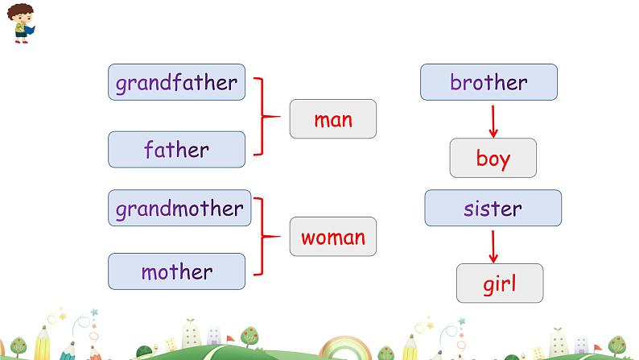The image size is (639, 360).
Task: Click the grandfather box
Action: click(x=176, y=82)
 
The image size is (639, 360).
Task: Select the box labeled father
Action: click(x=176, y=150)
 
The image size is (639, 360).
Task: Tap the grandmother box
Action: click(x=179, y=209)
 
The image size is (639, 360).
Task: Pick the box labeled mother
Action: click(x=176, y=272)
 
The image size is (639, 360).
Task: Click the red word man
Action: click(x=333, y=121)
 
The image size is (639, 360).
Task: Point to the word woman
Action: click(x=333, y=238)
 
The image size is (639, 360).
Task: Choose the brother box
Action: click(x=489, y=82)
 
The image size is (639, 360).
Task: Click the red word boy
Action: click(x=493, y=158)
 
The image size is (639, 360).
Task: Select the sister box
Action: click(x=493, y=209)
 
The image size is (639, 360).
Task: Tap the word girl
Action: click(x=499, y=283)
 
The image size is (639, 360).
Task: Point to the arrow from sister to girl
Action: click(x=493, y=246)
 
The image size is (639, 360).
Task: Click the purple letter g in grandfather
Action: click(x=122, y=84)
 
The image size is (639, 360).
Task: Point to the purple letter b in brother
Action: click(x=455, y=81)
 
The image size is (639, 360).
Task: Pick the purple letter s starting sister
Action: click(x=468, y=209)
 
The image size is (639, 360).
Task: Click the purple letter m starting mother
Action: click(x=149, y=272)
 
